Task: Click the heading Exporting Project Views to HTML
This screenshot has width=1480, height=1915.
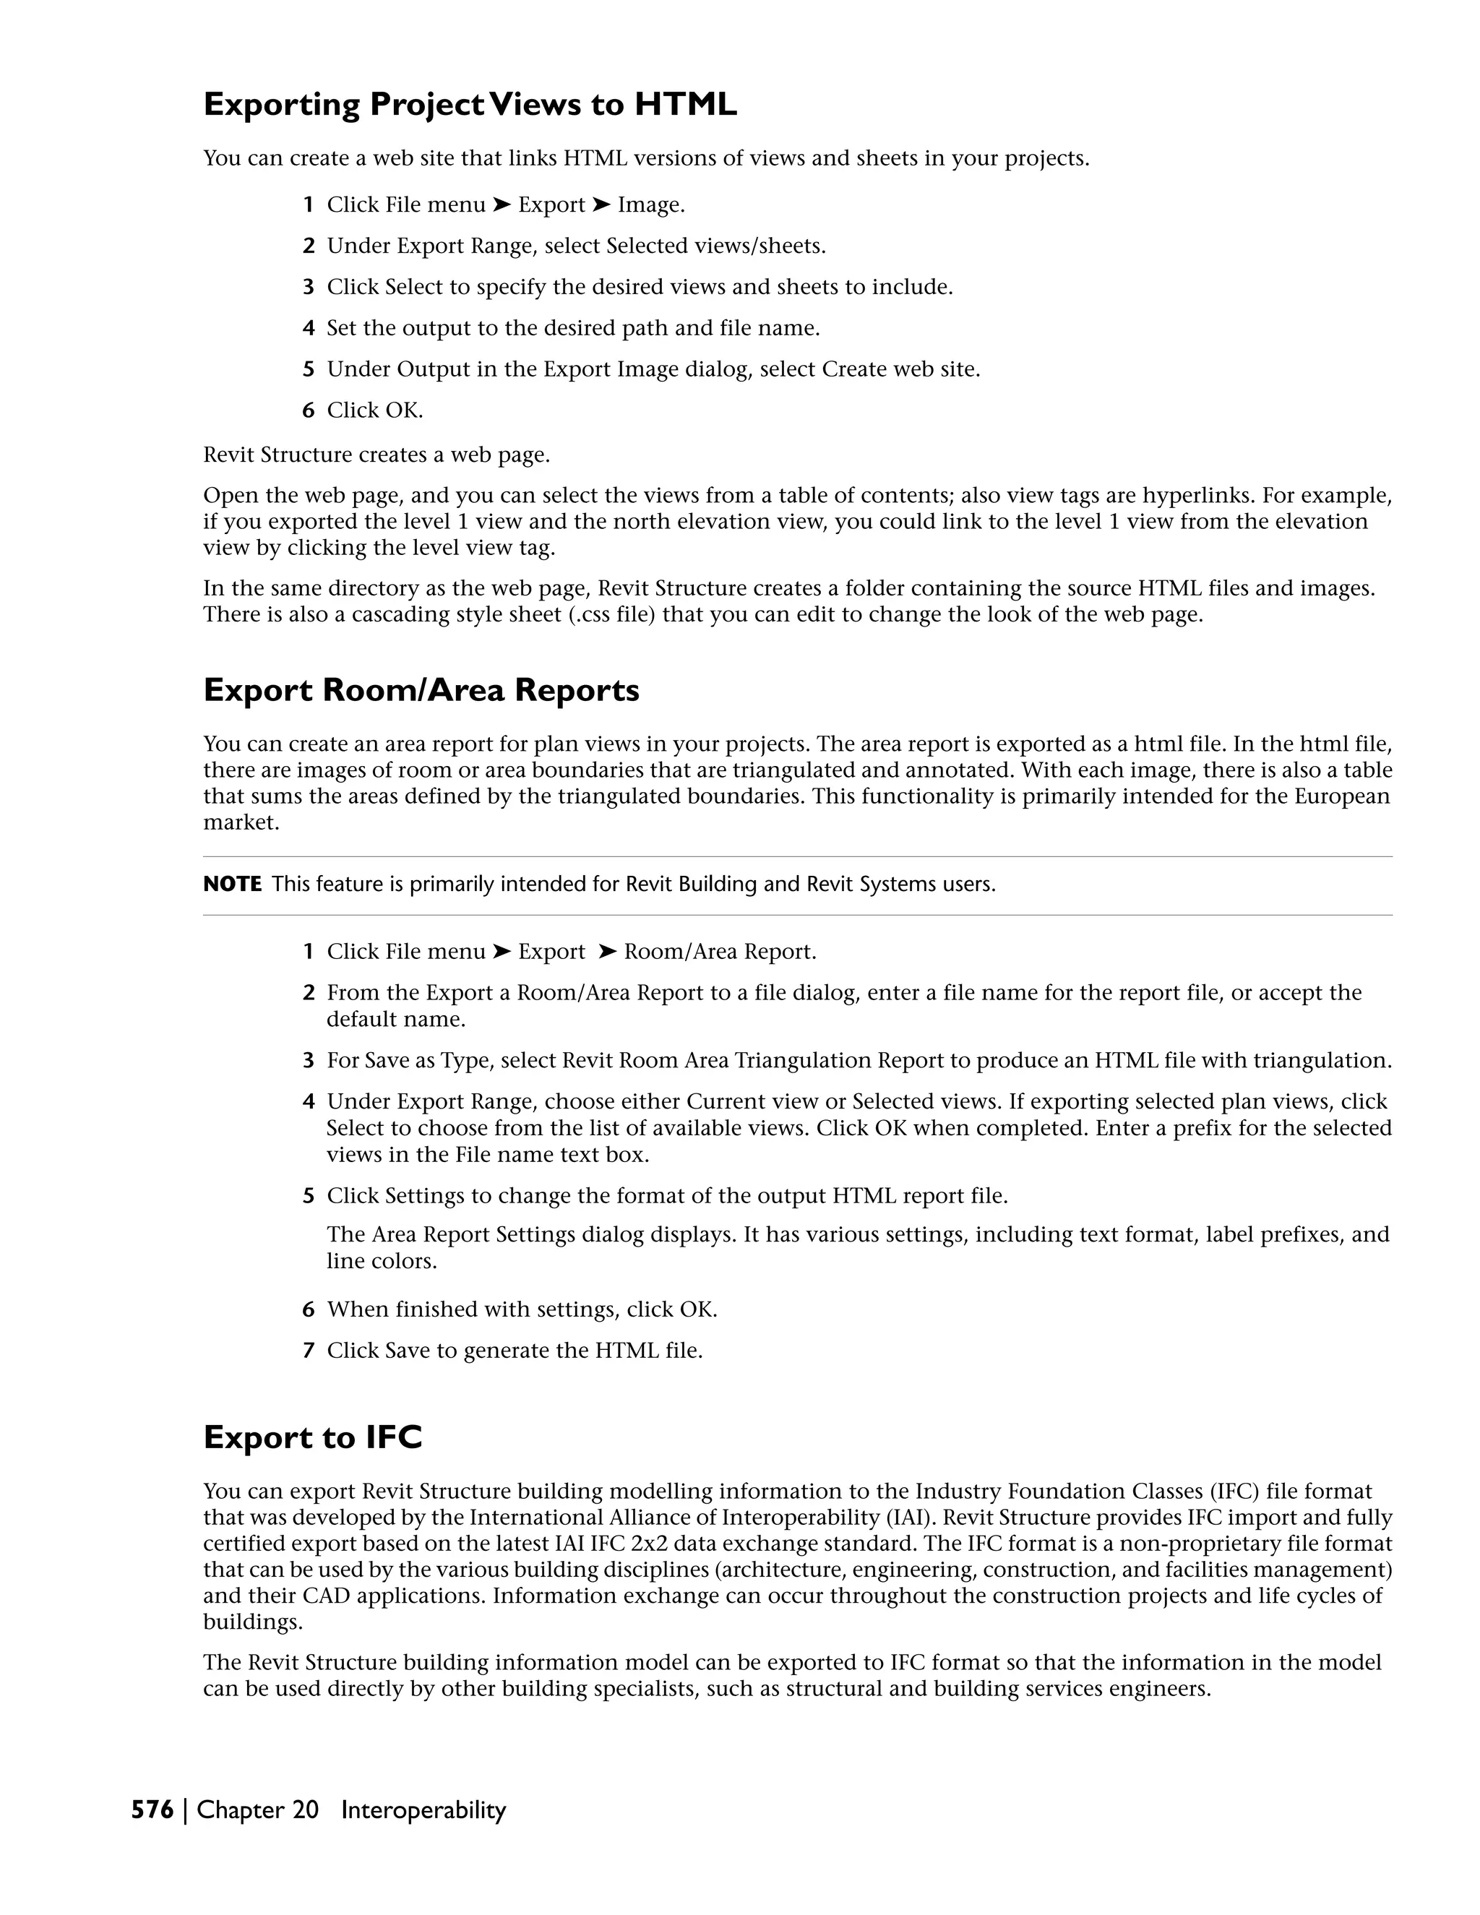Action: (x=470, y=104)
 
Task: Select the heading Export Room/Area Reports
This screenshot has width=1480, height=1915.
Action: (x=421, y=690)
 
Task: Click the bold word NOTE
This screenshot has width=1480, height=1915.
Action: (x=233, y=884)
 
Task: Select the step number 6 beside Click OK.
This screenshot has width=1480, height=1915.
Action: (x=308, y=410)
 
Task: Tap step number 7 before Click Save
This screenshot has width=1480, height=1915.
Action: (x=308, y=1351)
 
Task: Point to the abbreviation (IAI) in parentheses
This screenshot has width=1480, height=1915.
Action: (x=910, y=1518)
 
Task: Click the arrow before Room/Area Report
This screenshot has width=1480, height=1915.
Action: (x=608, y=952)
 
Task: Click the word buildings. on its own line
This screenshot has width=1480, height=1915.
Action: (x=252, y=1622)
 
